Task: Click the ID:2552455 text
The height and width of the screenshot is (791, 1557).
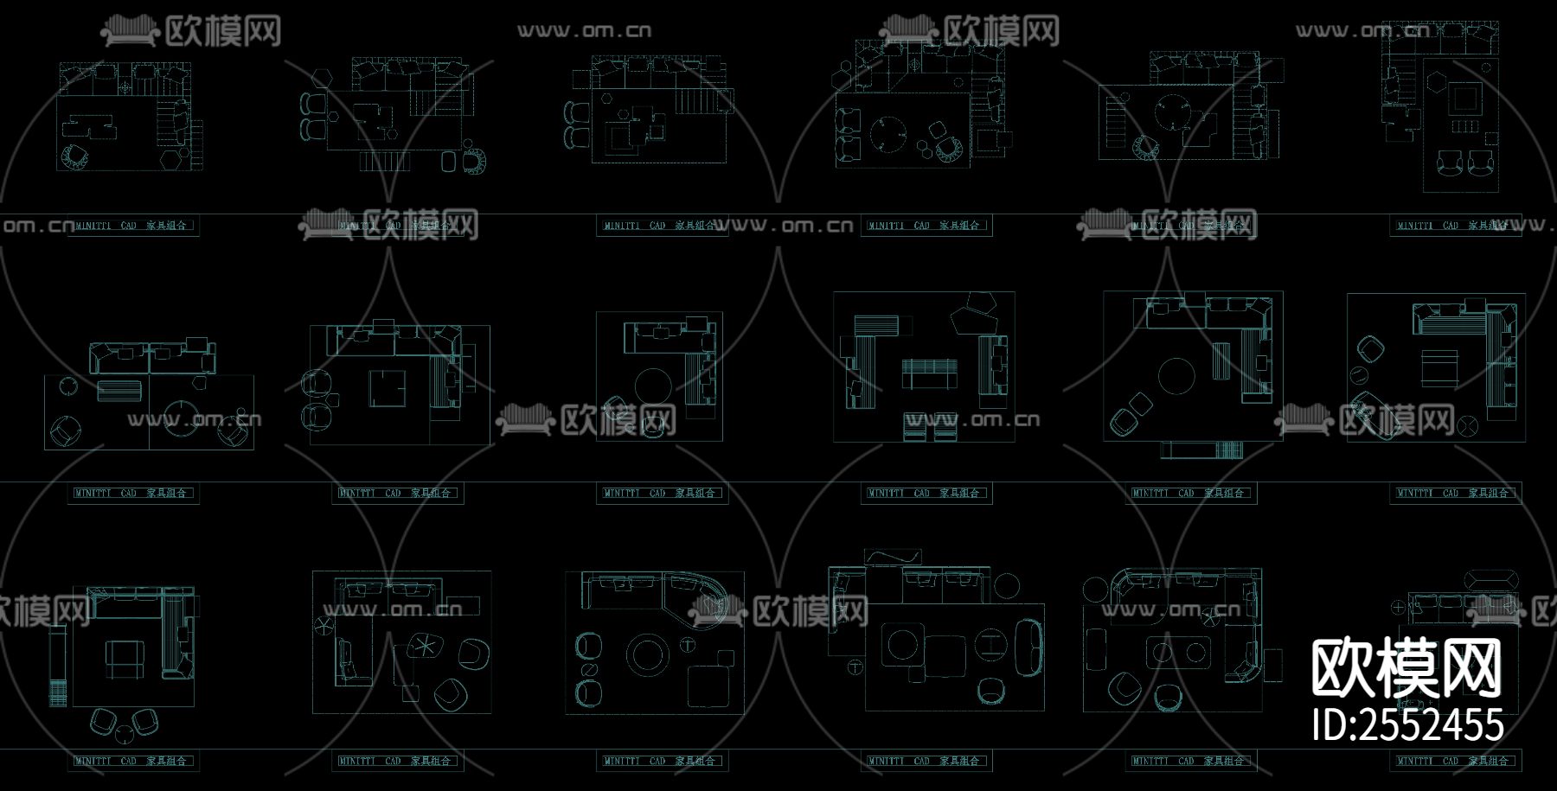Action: [1407, 725]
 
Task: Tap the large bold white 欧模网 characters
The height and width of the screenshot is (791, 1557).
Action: [1406, 669]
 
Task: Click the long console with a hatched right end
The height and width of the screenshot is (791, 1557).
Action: [1201, 450]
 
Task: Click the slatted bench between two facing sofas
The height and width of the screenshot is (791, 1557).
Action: [930, 373]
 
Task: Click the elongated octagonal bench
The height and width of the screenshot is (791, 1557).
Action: [1490, 577]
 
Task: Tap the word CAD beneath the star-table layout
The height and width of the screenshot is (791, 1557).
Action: [394, 761]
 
